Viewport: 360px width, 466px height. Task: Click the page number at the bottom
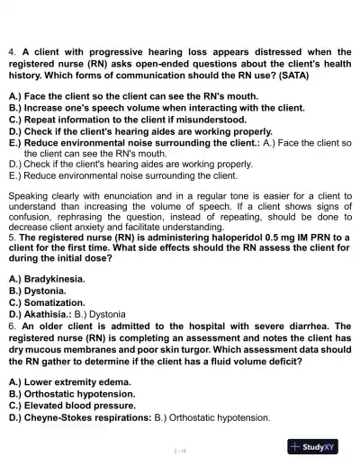(x=179, y=447)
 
